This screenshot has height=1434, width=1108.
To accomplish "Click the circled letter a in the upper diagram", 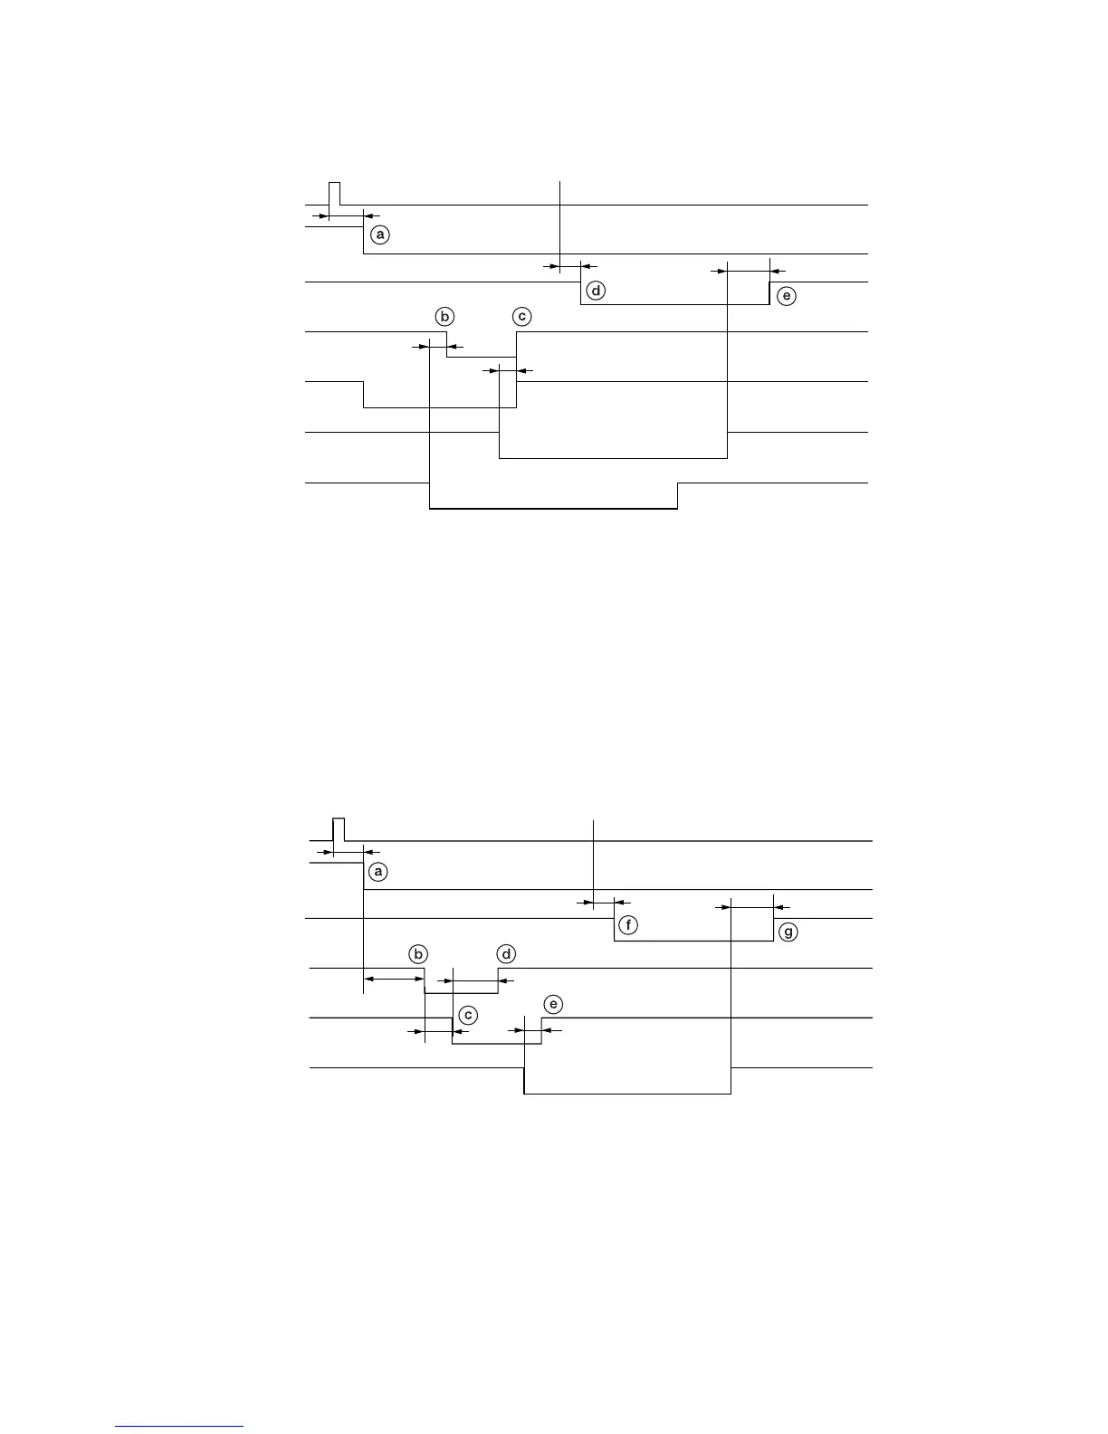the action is (380, 234).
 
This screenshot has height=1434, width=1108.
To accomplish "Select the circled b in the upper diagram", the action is (444, 317).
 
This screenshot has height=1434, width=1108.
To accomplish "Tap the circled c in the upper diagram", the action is (521, 317).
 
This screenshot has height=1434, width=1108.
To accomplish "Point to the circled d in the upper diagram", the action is (596, 292).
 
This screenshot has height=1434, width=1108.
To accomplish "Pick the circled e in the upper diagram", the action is (787, 296).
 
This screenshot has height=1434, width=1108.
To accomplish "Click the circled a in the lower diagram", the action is (378, 872).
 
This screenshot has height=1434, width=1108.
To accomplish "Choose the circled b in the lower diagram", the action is (417, 954).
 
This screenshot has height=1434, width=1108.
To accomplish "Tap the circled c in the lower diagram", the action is (467, 1016).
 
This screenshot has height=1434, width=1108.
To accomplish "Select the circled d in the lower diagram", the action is (507, 954).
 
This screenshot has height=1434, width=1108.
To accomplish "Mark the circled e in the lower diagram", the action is (553, 1004).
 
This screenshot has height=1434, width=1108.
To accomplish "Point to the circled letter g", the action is (788, 932).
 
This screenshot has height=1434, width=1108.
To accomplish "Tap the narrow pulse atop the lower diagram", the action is (339, 829).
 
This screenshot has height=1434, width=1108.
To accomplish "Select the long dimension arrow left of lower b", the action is (394, 979).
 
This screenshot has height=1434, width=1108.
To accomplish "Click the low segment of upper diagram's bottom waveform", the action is (552, 509).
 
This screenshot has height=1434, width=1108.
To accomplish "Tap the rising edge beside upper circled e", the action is (769, 293).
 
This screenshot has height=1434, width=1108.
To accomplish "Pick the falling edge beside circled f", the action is (615, 930).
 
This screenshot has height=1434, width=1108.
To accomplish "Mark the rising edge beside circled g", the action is (774, 930).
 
